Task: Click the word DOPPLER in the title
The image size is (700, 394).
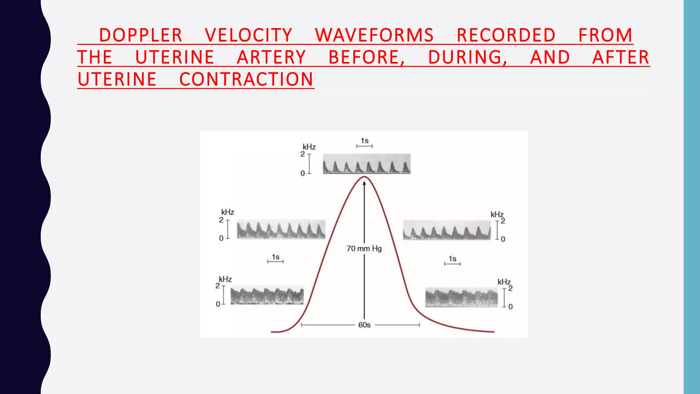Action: (x=140, y=35)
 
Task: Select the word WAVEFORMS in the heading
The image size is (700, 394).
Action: (x=374, y=35)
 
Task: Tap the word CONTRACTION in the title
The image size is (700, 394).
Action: (x=246, y=79)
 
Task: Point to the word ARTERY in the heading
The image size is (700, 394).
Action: (x=271, y=57)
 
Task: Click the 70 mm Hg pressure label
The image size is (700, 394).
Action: (x=364, y=249)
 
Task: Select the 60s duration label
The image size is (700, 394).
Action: (x=364, y=325)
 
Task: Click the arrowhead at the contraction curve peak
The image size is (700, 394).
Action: (x=364, y=183)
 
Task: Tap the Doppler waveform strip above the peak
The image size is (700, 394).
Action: (x=367, y=164)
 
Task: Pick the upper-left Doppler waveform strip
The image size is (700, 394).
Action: (x=281, y=229)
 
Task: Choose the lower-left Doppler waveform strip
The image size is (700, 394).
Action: (x=267, y=295)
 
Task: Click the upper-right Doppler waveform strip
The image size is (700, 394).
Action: (x=447, y=230)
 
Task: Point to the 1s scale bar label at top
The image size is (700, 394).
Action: (x=365, y=141)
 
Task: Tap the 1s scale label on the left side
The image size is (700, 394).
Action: (x=275, y=257)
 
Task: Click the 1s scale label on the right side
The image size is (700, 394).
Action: (x=453, y=259)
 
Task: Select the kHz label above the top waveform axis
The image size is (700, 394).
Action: (x=309, y=147)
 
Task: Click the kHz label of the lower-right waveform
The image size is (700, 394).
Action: (x=504, y=282)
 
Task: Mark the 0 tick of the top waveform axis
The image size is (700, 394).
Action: (x=302, y=173)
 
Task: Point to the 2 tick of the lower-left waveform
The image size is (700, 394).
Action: (x=218, y=286)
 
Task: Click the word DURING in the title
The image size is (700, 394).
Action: (x=467, y=57)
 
